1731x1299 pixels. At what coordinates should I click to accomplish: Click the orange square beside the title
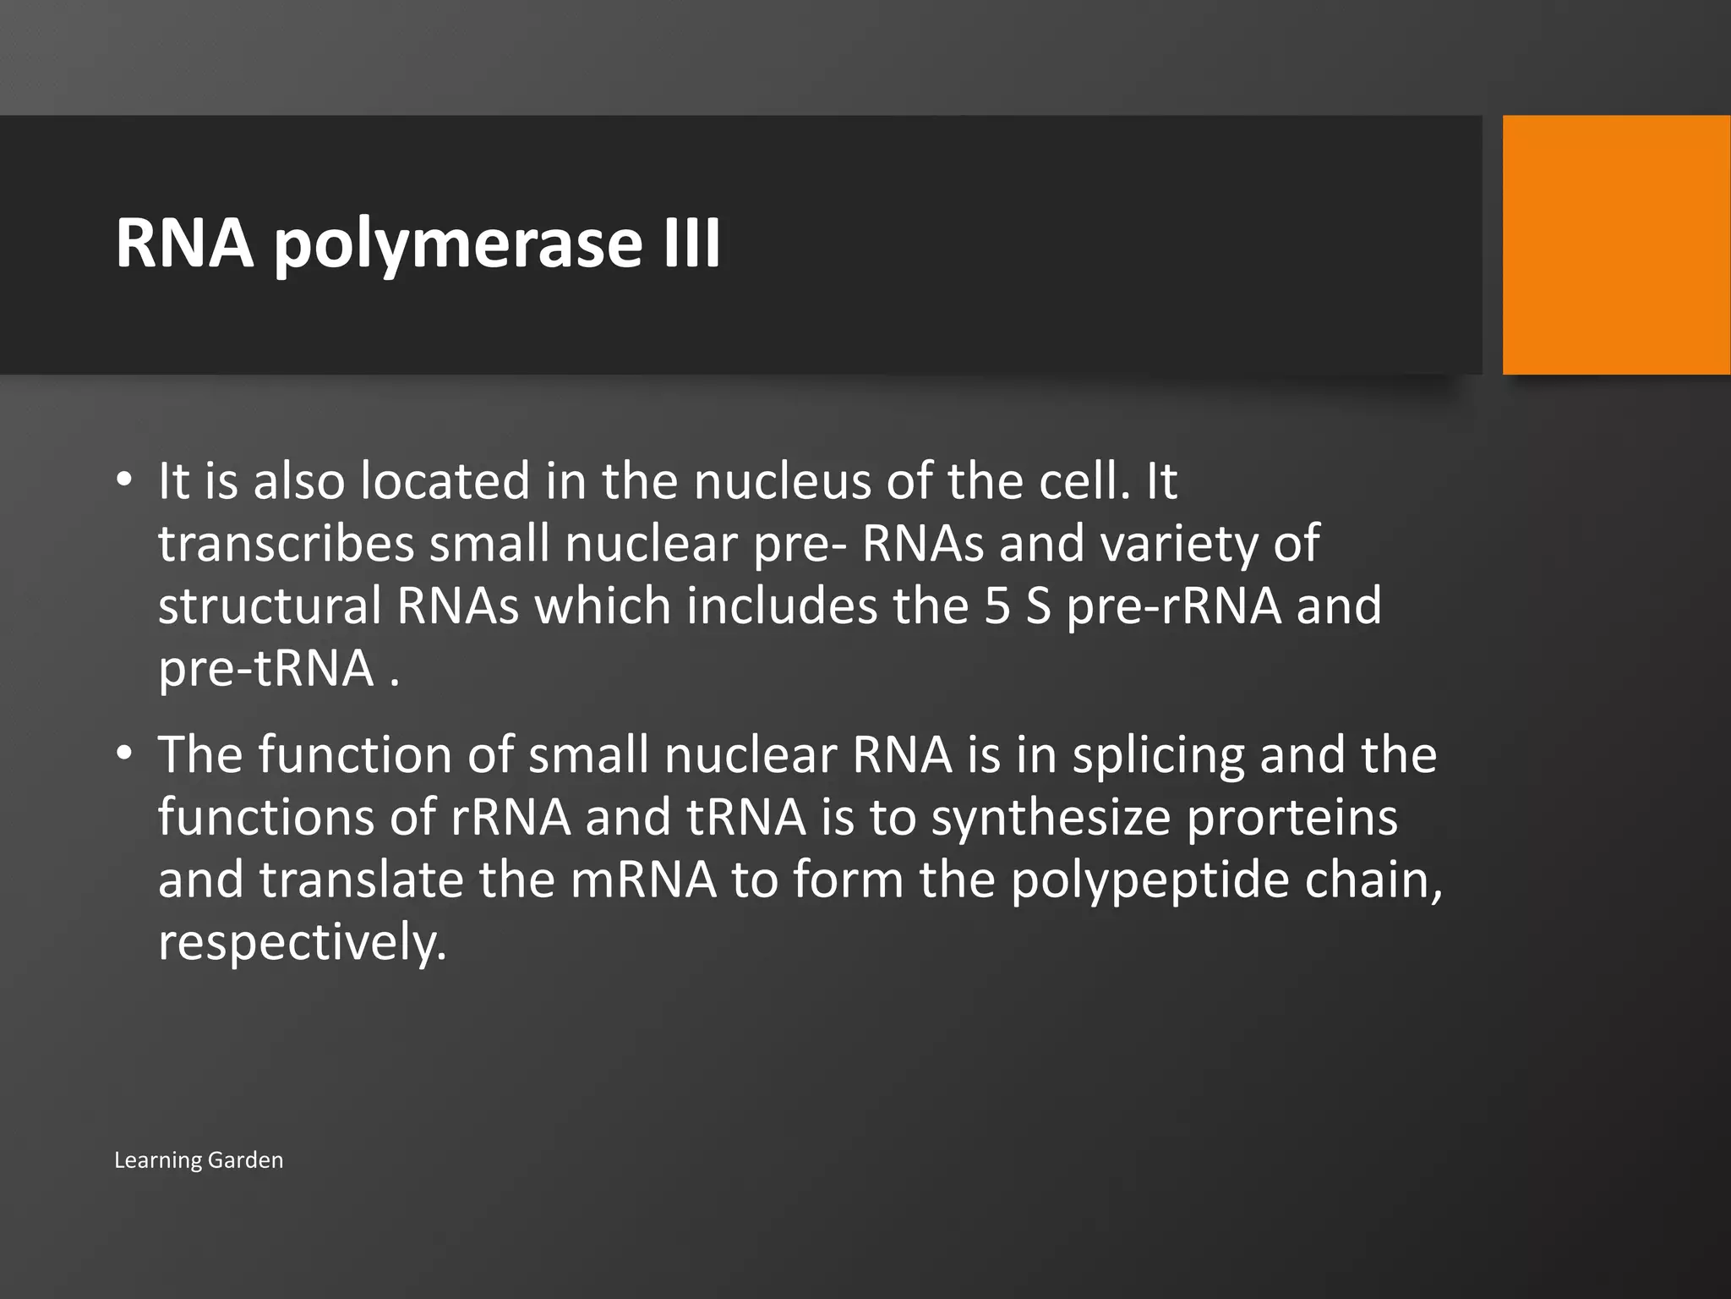click(x=1616, y=244)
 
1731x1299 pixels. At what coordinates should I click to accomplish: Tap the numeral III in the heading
click(x=691, y=243)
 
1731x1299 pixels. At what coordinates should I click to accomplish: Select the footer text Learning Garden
click(x=199, y=1159)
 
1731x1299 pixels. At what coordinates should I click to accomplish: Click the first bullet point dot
click(x=125, y=480)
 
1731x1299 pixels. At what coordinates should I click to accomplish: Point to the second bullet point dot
click(x=125, y=754)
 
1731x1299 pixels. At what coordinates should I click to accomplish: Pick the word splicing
click(x=1159, y=755)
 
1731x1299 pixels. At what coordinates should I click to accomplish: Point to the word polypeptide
click(x=1149, y=880)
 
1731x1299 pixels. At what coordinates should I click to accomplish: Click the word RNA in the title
click(x=184, y=244)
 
